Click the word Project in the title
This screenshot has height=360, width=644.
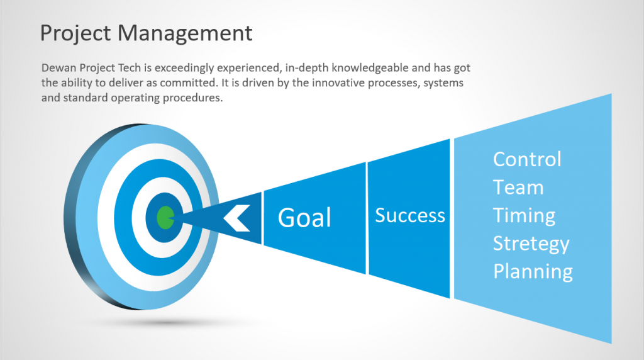(x=75, y=33)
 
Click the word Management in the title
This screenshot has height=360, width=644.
(x=185, y=33)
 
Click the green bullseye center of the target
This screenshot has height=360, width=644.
(x=165, y=217)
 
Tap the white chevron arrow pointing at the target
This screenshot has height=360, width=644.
(x=236, y=218)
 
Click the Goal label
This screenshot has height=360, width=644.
(x=304, y=217)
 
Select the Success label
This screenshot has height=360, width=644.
(x=410, y=215)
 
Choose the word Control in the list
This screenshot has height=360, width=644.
(x=527, y=159)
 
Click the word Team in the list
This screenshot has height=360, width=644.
(x=518, y=188)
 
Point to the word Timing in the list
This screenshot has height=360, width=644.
(x=524, y=216)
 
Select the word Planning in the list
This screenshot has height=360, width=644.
(x=533, y=272)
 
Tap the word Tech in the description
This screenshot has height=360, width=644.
(x=130, y=67)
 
